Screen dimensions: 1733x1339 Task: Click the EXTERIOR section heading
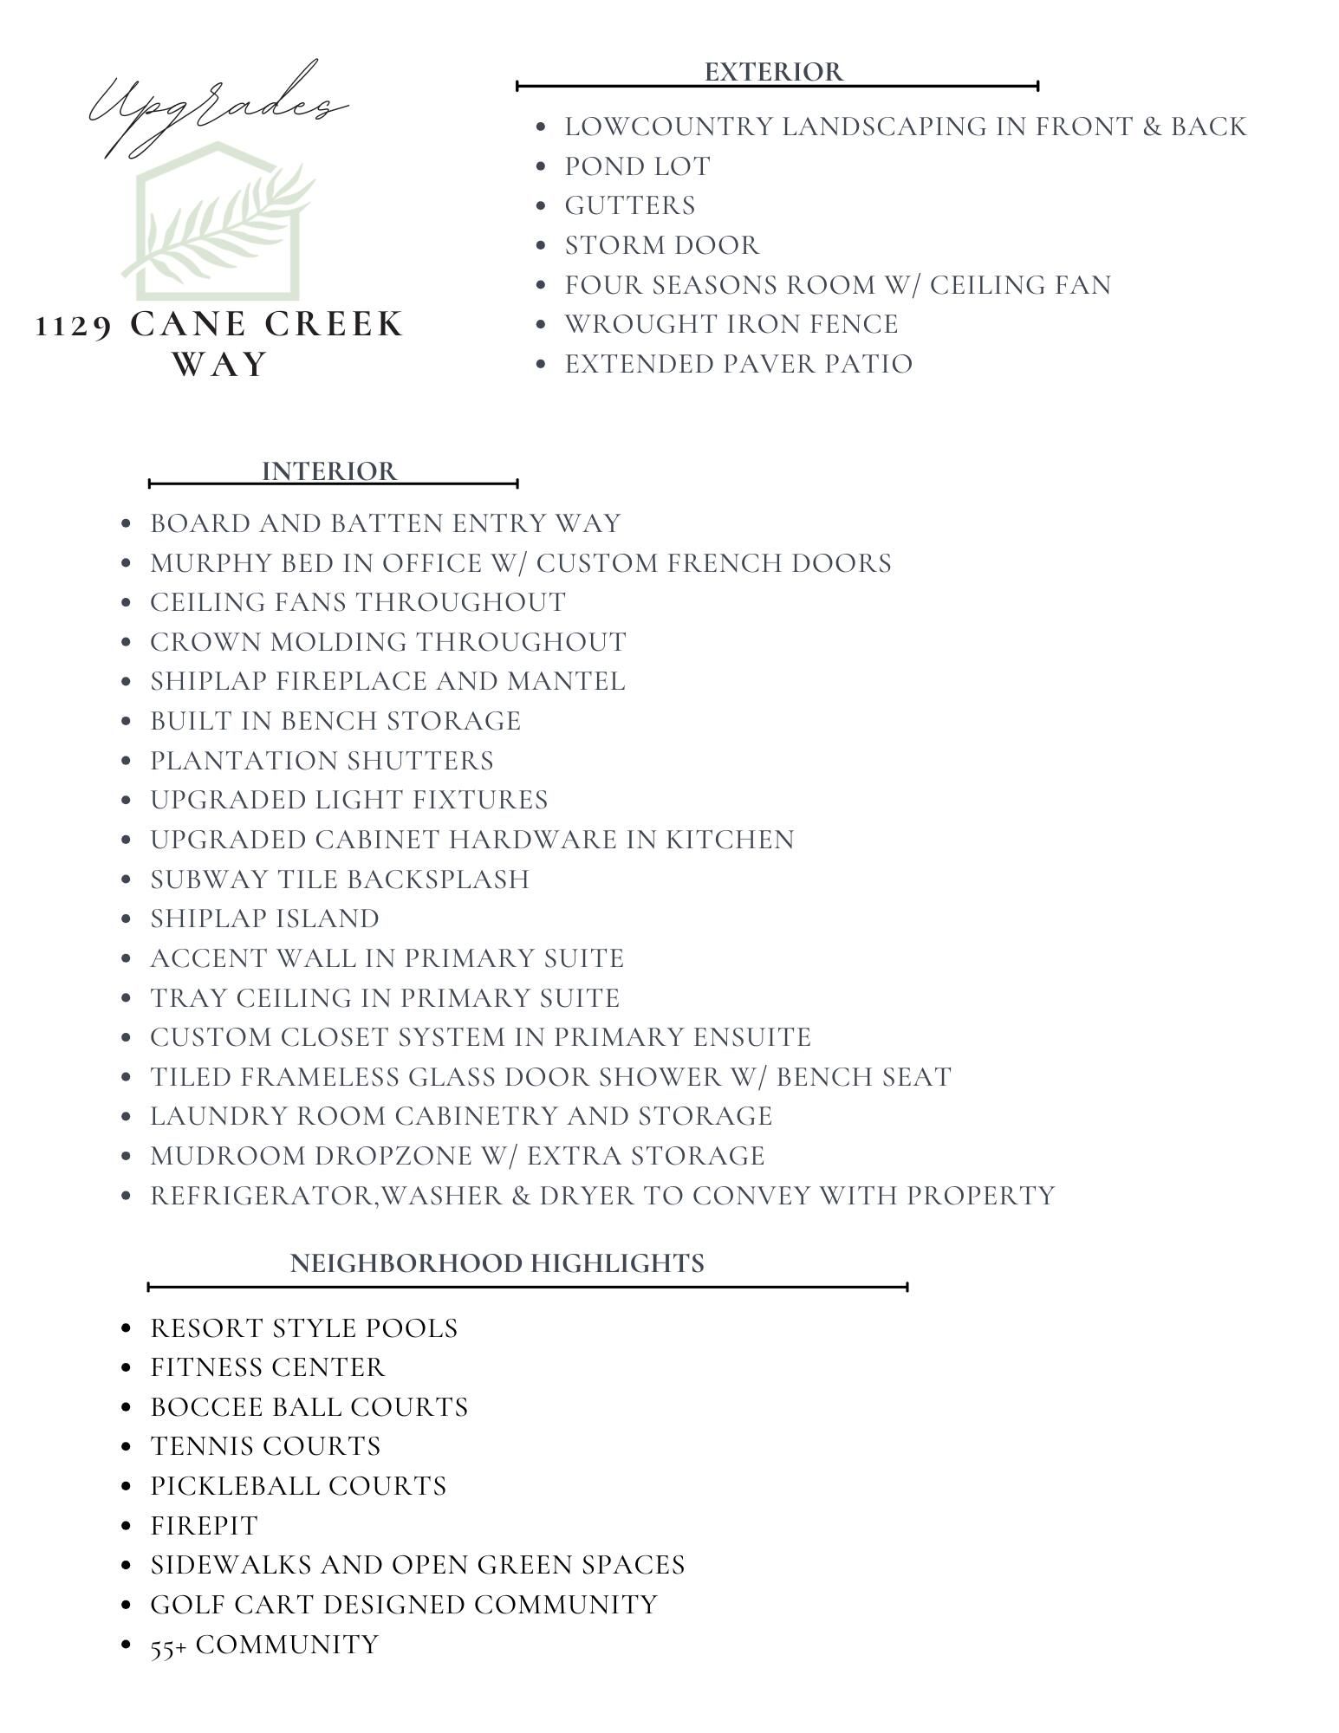coord(773,72)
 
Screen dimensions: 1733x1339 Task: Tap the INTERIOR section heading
coord(329,471)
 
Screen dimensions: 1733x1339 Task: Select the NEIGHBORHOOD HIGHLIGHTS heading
coord(497,1262)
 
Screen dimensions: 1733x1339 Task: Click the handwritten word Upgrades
coord(217,108)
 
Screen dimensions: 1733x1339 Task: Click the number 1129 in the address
coord(74,326)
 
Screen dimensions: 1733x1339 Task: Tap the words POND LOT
coord(637,166)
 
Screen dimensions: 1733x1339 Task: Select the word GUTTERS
coord(630,205)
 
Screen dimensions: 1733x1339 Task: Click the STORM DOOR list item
coord(662,245)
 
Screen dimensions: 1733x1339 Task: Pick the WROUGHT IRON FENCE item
coord(731,324)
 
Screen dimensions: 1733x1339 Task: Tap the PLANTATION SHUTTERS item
coord(322,761)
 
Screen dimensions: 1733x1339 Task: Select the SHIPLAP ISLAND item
coord(264,918)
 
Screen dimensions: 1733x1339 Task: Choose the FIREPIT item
coord(205,1525)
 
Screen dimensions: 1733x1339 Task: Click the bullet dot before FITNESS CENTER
coord(127,1367)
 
